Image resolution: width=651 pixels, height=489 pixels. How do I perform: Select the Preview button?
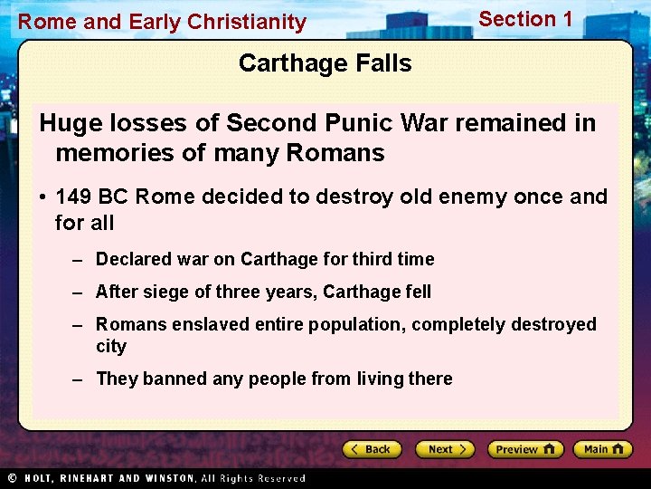point(524,449)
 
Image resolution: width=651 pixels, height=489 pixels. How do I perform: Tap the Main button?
point(603,449)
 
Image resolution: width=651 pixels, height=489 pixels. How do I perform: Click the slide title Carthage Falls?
point(325,63)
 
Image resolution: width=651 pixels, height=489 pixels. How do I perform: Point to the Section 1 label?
point(525,19)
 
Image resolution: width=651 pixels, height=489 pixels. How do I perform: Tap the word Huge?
point(70,122)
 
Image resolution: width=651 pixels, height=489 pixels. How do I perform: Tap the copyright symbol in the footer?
point(12,477)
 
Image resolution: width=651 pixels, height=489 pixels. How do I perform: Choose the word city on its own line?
point(111,346)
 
